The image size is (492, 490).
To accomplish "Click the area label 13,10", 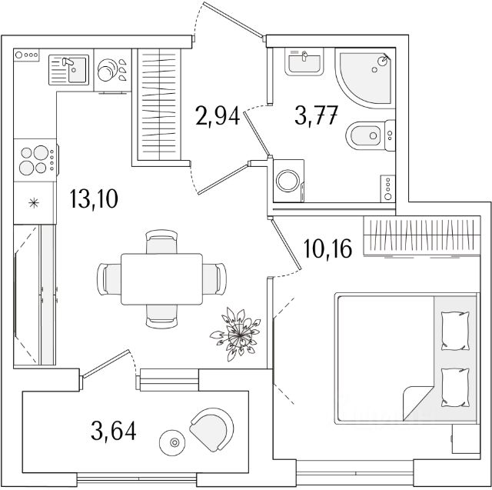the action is tap(94, 198).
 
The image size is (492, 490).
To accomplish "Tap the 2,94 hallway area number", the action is tap(218, 115).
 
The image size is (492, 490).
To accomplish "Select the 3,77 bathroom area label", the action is tap(316, 115).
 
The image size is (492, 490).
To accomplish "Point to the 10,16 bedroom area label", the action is tap(328, 248).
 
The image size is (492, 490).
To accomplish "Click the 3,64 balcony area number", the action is tap(114, 431).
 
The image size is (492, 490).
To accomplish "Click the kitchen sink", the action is tap(69, 70).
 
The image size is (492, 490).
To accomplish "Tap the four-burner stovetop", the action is tap(35, 160).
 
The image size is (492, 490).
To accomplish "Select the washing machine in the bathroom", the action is tap(288, 181).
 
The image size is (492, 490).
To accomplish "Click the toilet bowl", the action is tap(371, 135).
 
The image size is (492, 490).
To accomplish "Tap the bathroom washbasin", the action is tap(304, 62).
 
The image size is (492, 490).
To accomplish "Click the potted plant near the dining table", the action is tap(237, 335).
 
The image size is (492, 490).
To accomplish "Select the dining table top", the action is tap(161, 279).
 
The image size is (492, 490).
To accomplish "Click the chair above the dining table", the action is tap(161, 242).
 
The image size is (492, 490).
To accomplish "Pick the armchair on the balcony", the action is tap(212, 429).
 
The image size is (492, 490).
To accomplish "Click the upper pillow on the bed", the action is tap(455, 331).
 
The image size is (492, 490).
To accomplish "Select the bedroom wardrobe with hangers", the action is tap(422, 235).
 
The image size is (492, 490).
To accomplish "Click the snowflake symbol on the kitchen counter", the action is tap(34, 203).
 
